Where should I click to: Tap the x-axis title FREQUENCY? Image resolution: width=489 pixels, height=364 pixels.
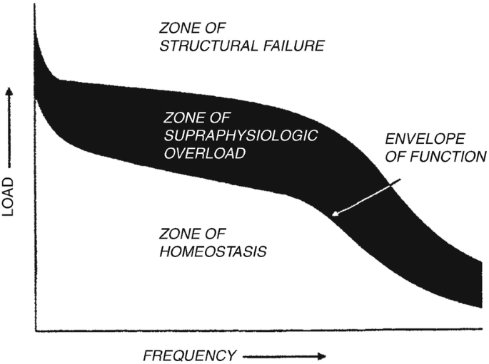coord(189,354)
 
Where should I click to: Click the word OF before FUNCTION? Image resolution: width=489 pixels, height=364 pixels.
coord(399,155)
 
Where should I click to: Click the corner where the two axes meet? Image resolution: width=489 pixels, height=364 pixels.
coord(35,331)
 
